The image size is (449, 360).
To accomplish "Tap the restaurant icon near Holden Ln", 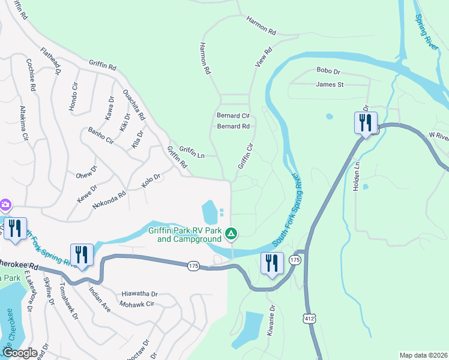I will point(366,124).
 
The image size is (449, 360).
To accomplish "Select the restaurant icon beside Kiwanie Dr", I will point(272,263).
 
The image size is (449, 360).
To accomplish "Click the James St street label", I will point(330,85).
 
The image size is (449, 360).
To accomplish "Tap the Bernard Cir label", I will point(233,115).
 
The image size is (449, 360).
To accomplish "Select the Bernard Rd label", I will point(233,127).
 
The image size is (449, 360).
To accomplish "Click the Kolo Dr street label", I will point(151,181).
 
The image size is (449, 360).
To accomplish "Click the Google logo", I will point(19,353).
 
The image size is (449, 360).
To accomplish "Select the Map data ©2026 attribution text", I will point(423,355).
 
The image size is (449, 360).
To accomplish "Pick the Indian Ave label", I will point(100,299).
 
